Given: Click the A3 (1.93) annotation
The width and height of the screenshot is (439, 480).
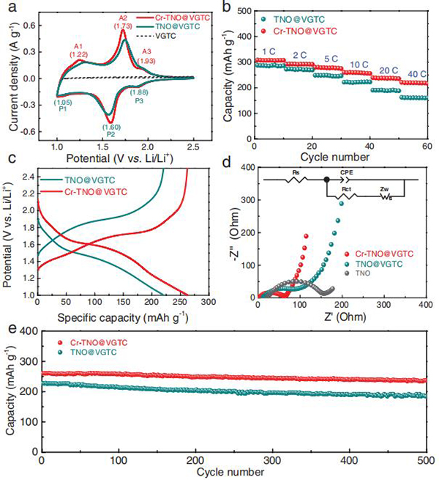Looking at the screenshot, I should [148, 55].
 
